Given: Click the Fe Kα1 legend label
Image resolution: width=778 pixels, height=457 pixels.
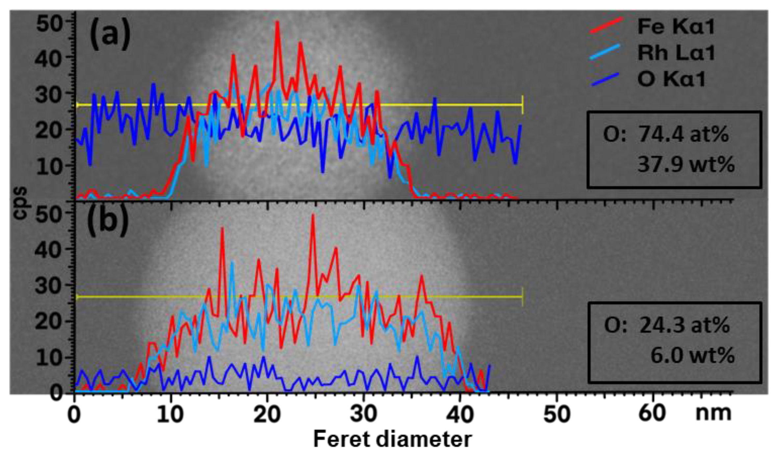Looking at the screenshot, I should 676,26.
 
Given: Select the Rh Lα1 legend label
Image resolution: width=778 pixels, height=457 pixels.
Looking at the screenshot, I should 676,53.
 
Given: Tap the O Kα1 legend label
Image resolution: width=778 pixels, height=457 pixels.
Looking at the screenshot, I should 671,79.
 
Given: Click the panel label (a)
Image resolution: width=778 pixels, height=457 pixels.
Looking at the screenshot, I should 110,34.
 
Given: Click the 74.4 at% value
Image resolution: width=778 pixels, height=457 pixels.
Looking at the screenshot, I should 684,134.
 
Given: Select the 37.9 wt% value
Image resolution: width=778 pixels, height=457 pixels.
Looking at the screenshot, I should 686,164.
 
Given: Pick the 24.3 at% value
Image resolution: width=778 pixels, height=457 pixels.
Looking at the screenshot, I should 685,325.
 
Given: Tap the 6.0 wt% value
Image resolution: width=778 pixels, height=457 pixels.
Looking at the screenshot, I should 692,355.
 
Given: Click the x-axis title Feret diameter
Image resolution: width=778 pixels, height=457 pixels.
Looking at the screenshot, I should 393,439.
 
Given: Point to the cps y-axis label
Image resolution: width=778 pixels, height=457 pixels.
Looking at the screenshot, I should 20,203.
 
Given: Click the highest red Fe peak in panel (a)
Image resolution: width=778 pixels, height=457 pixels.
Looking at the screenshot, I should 277,22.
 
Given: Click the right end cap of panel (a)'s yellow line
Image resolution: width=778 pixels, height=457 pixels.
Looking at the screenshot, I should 522,105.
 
